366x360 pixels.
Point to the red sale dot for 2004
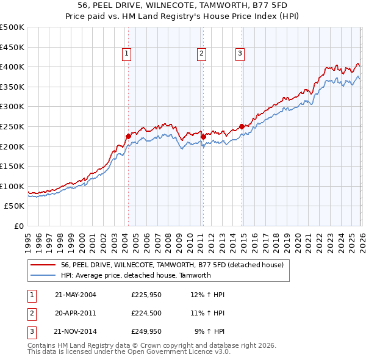tap(128, 136)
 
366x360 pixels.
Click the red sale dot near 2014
tap(242, 126)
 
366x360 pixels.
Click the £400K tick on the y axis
tap(13, 67)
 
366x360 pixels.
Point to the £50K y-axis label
tap(15, 206)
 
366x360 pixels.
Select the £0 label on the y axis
tap(19, 226)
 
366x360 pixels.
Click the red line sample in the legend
tap(43, 265)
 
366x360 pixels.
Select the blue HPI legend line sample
tap(43, 275)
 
